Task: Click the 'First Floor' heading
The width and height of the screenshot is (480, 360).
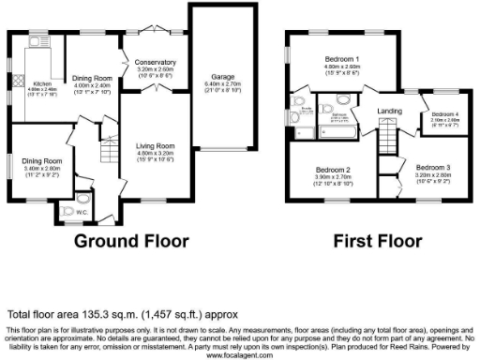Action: tap(372, 240)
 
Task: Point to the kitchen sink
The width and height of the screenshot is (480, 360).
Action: tap(39, 42)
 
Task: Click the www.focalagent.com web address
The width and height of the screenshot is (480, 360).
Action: tap(240, 355)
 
